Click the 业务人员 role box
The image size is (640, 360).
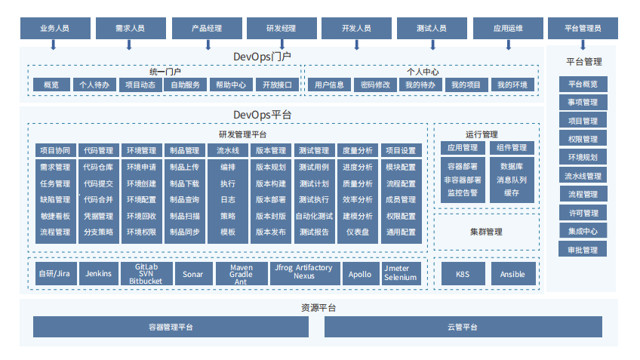pyautogui.click(x=55, y=28)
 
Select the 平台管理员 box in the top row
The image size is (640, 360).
pyautogui.click(x=583, y=28)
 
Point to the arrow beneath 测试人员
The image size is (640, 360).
pyautogui.click(x=432, y=45)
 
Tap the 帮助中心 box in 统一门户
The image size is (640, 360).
pyautogui.click(x=230, y=85)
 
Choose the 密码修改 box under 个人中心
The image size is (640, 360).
pyautogui.click(x=375, y=85)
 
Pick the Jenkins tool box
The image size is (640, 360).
pyautogui.click(x=100, y=274)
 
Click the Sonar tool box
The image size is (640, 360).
pyautogui.click(x=192, y=274)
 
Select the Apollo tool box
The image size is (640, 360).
pyautogui.click(x=360, y=274)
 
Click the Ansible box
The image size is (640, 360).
pyautogui.click(x=513, y=274)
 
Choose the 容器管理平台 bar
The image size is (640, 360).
pyautogui.click(x=171, y=327)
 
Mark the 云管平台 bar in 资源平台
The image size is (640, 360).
pyautogui.click(x=463, y=327)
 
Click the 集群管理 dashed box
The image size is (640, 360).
pyautogui.click(x=486, y=232)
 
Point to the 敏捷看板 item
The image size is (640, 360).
pyautogui.click(x=54, y=216)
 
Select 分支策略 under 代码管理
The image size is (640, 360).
pyautogui.click(x=98, y=232)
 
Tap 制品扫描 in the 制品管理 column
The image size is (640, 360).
pyautogui.click(x=184, y=216)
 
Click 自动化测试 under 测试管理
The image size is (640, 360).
pyautogui.click(x=313, y=216)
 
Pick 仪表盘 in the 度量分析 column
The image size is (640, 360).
pyautogui.click(x=357, y=232)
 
